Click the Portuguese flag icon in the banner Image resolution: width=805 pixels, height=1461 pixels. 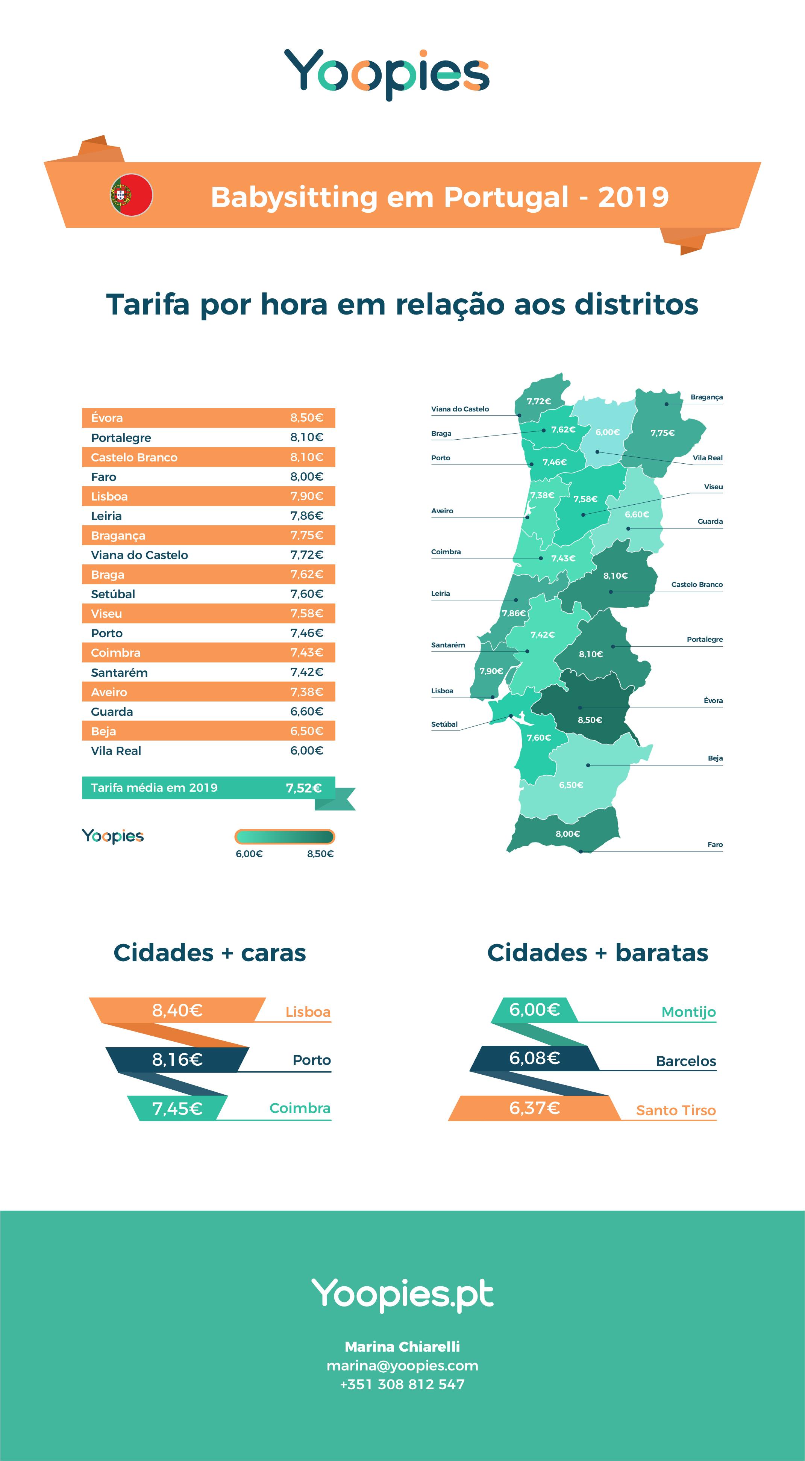132,195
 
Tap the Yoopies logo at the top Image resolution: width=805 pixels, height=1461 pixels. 386,74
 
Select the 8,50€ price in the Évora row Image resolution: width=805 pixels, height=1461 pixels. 306,418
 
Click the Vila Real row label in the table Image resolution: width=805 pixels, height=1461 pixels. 116,751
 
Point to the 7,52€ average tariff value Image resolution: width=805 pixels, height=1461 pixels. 303,788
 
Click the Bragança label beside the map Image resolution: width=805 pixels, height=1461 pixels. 706,397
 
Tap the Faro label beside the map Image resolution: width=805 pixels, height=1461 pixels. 715,844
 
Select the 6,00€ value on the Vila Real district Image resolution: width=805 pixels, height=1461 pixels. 607,432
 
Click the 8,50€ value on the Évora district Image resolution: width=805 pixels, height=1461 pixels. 590,720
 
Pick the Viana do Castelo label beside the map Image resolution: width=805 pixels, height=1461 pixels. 459,409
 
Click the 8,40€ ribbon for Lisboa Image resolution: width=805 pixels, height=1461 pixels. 177,1010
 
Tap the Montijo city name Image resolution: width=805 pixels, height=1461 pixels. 688,1012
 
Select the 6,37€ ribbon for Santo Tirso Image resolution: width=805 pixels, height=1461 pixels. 534,1108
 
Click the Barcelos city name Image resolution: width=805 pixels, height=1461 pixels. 685,1061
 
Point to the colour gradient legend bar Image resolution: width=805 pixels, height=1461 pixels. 284,836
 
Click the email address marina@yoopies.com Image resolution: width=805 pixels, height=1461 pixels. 402,1366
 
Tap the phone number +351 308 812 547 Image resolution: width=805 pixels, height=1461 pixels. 402,1384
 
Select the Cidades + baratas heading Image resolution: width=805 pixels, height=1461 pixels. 597,953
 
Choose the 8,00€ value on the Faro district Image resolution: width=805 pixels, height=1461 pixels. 567,834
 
